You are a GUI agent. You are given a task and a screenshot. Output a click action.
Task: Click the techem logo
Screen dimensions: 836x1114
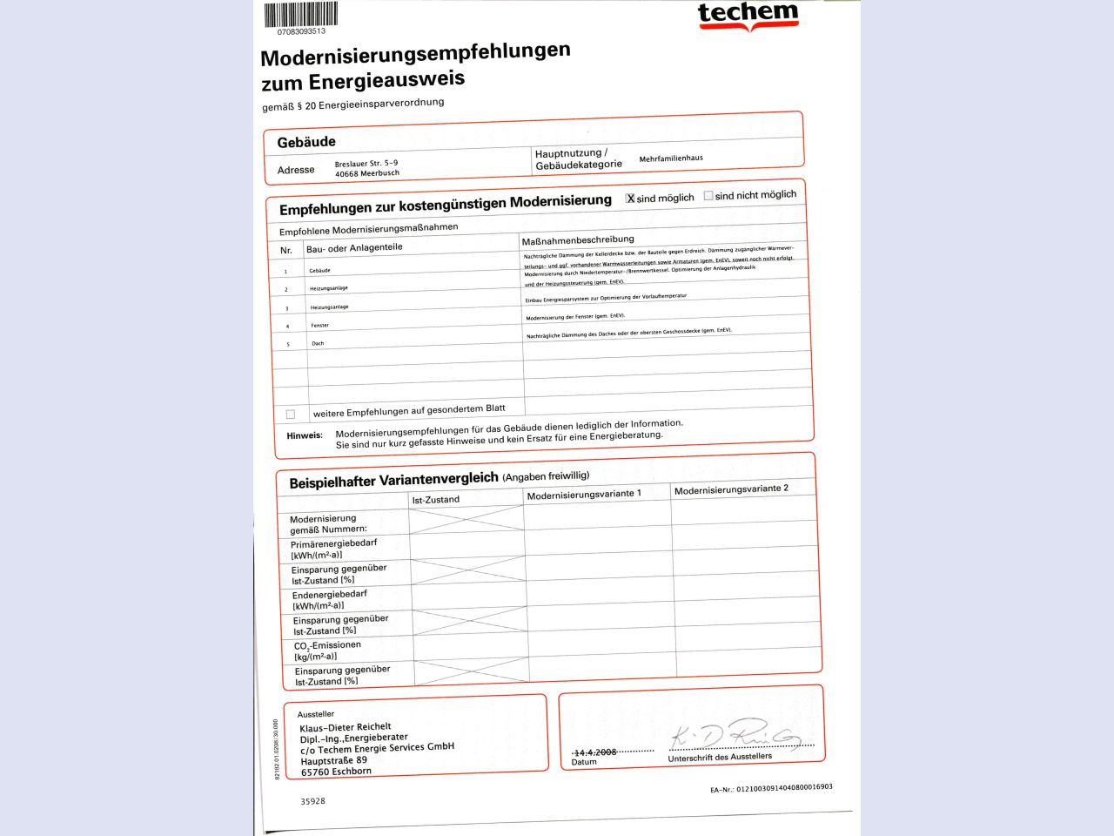coord(748,15)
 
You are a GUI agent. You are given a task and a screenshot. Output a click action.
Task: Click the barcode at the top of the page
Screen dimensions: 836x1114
coord(300,15)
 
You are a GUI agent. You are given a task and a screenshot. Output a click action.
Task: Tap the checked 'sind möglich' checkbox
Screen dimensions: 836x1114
coord(631,199)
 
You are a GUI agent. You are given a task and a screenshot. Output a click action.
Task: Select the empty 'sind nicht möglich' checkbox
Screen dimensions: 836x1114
coord(708,196)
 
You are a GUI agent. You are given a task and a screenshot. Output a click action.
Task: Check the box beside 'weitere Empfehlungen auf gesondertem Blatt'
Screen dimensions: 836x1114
coord(291,415)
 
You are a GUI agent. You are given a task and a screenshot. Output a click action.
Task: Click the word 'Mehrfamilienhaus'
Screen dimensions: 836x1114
coord(671,158)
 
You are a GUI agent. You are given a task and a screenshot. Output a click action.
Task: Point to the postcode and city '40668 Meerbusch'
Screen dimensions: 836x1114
coord(367,173)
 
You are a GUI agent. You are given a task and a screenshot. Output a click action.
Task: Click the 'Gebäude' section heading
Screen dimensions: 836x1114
coord(306,142)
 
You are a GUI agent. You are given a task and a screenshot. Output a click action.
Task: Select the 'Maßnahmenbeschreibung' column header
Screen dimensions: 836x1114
coord(578,239)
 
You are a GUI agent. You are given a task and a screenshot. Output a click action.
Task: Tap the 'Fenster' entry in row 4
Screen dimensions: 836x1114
coord(319,326)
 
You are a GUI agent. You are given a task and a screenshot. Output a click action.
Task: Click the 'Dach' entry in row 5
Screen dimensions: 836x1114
coord(318,344)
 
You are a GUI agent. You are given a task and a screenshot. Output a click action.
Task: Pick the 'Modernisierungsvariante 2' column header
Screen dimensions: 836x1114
coord(731,489)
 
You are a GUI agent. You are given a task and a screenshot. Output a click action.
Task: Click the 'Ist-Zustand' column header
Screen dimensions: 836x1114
coord(435,500)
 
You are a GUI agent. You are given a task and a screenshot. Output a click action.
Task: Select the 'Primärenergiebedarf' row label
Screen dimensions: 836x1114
coord(333,543)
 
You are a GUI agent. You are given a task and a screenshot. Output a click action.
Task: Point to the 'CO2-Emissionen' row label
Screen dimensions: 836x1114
coord(327,645)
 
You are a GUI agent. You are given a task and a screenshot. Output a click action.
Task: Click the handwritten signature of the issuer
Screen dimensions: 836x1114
coord(735,735)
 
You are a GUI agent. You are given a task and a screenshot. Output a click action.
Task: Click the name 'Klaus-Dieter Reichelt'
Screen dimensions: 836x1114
coord(346,727)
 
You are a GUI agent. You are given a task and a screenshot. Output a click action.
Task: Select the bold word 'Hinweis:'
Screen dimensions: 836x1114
coord(305,435)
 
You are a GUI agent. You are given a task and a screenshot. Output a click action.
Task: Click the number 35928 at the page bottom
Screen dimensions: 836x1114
coord(313,800)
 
